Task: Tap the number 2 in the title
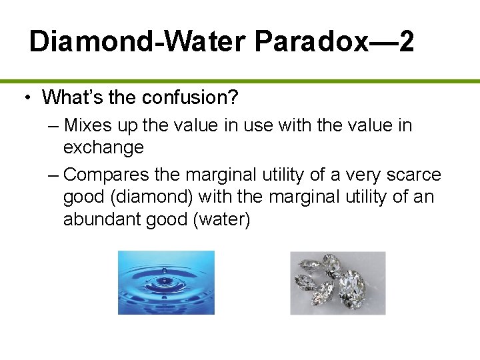(x=404, y=42)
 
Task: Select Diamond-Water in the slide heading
(x=137, y=42)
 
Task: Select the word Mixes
(x=89, y=125)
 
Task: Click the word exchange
(x=103, y=147)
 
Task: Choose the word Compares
(x=109, y=175)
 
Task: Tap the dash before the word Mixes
(x=54, y=125)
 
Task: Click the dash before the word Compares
(x=54, y=175)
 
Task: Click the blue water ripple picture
(x=166, y=282)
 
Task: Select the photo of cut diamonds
(x=337, y=283)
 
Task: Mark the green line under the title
(x=240, y=81)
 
